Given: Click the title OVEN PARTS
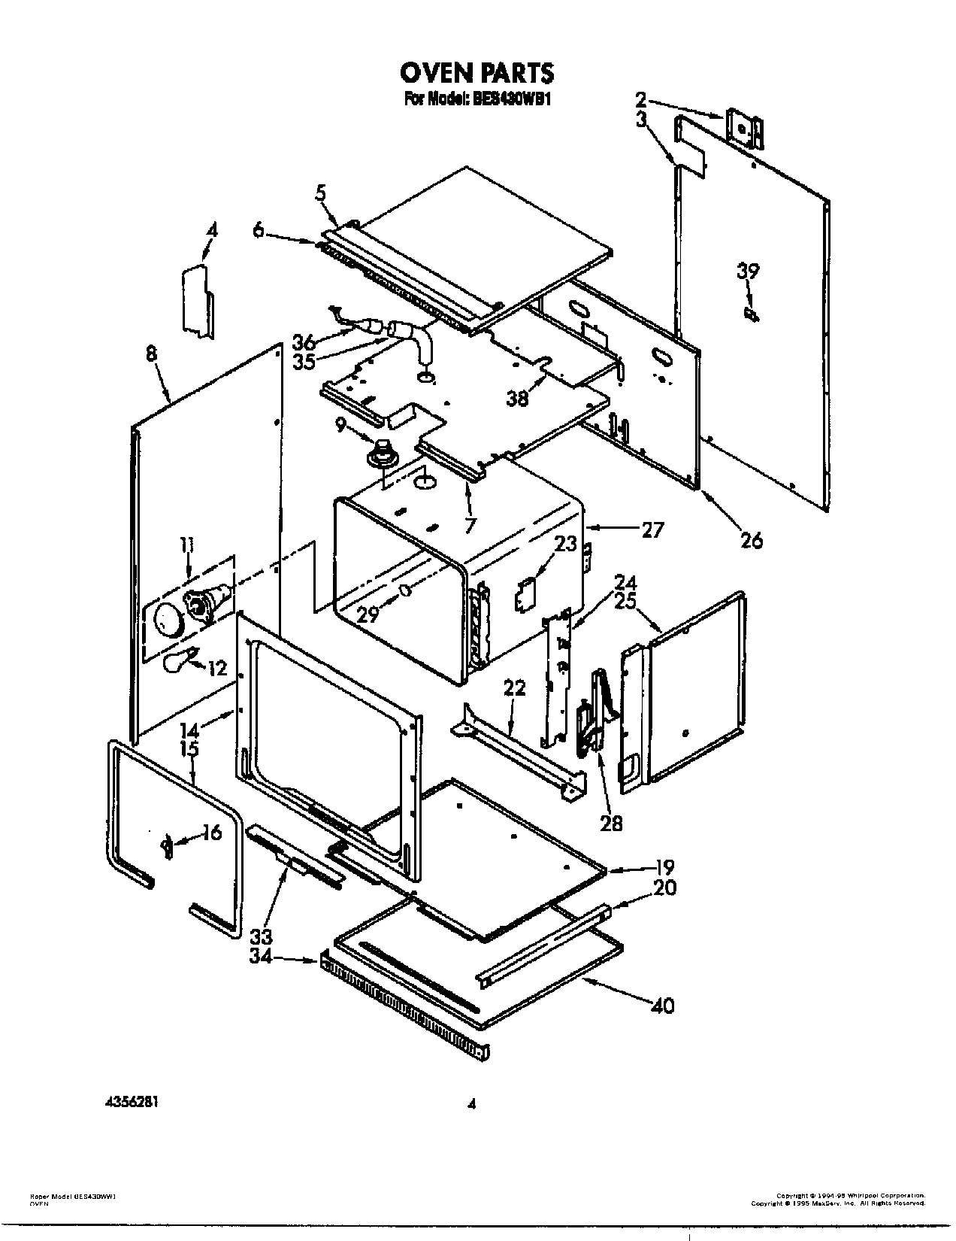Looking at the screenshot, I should click(x=476, y=72).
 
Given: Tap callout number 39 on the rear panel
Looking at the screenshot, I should click(x=748, y=272).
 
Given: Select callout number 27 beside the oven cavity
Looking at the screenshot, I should click(x=652, y=529).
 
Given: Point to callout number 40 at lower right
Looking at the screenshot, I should click(x=662, y=1004).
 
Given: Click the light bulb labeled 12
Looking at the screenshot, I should click(x=180, y=660).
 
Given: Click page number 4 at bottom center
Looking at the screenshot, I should click(x=471, y=1105).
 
